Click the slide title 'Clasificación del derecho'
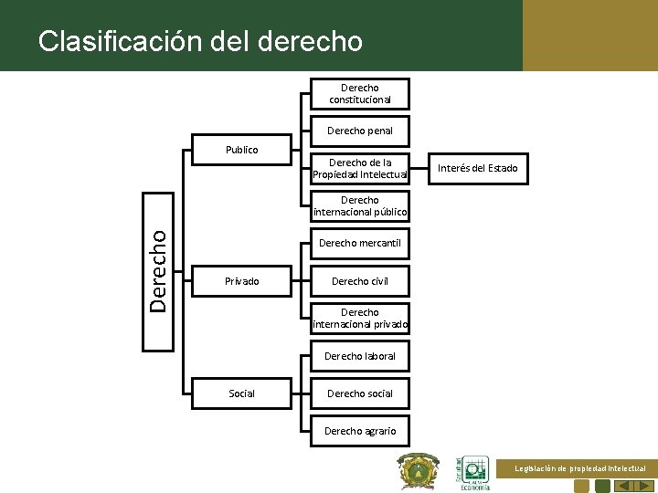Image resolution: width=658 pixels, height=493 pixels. tap(200, 41)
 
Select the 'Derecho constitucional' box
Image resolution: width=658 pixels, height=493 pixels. tap(360, 93)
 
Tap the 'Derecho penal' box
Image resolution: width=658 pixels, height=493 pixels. tap(360, 131)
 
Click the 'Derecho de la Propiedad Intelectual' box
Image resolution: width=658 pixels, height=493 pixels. tap(360, 168)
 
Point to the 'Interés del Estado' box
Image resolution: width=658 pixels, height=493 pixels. tap(477, 168)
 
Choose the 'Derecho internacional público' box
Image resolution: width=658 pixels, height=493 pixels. tap(360, 206)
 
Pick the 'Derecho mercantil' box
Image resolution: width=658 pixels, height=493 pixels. tap(360, 243)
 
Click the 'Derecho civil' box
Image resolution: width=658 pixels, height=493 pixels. tap(360, 281)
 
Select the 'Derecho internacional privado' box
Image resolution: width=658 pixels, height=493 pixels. tap(360, 319)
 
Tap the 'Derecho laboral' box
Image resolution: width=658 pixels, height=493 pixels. tap(360, 356)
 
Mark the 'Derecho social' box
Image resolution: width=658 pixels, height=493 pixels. tap(360, 393)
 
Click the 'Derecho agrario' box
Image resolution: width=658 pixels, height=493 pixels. tap(360, 431)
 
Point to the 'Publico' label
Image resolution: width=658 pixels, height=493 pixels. tap(242, 150)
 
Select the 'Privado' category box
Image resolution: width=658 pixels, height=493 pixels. tap(242, 281)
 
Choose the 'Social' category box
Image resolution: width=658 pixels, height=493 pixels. tap(242, 393)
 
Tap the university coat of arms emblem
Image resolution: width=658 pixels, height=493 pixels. tap(419, 472)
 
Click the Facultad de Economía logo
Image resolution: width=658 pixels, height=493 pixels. tap(473, 473)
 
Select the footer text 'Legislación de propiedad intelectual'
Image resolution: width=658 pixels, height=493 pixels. tap(580, 468)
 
